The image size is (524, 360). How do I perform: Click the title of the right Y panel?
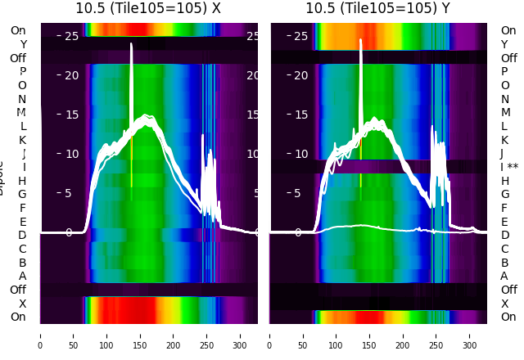click(378, 8)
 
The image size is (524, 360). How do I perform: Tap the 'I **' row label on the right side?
click(513, 167)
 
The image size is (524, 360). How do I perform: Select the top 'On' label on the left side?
click(18, 30)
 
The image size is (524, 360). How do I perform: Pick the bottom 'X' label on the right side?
click(504, 304)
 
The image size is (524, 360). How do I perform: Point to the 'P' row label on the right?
click(504, 71)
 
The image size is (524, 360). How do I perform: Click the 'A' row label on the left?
click(22, 276)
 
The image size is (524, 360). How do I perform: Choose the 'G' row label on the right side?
click(504, 194)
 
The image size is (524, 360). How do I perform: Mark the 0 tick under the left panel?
click(40, 335)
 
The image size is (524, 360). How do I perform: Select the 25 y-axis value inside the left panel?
click(71, 36)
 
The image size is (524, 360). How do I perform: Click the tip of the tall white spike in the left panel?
click(131, 44)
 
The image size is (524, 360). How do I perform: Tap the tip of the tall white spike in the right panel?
click(360, 40)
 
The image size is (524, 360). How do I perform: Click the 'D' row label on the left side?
click(22, 235)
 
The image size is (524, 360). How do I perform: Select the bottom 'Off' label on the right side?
click(508, 290)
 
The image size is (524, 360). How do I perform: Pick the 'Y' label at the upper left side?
click(23, 44)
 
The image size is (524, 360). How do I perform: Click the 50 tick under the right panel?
click(304, 335)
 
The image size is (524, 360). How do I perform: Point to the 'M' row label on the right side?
click(505, 112)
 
